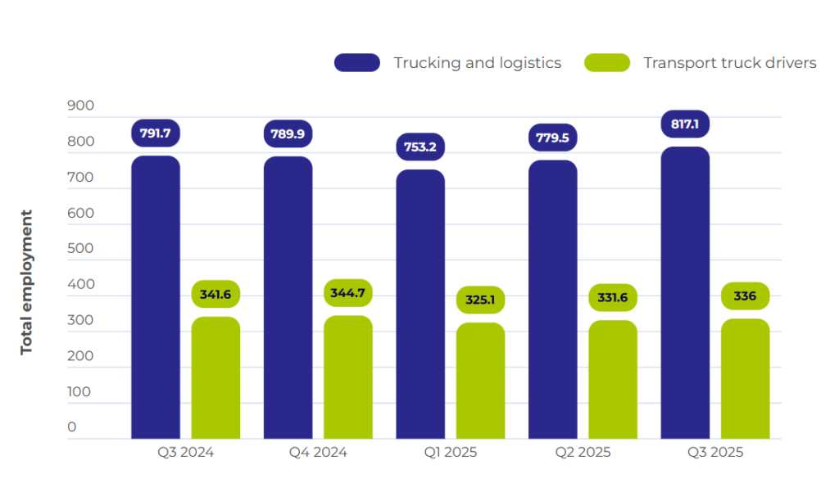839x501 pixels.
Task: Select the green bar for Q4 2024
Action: pyautogui.click(x=348, y=377)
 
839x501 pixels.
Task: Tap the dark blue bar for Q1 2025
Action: pyautogui.click(x=420, y=304)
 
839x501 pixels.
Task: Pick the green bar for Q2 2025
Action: pyautogui.click(x=613, y=379)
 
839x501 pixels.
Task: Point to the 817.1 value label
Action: pyautogui.click(x=685, y=124)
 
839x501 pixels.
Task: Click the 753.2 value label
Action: pyautogui.click(x=420, y=147)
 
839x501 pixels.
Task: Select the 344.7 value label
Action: pyautogui.click(x=348, y=293)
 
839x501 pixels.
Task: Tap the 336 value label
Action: pyautogui.click(x=745, y=296)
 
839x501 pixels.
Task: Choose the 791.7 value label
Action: pyautogui.click(x=156, y=133)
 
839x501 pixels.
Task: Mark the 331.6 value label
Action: pyautogui.click(x=613, y=297)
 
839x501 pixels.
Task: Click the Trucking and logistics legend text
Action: pyautogui.click(x=477, y=63)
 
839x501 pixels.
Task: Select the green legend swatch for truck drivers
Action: pyautogui.click(x=607, y=63)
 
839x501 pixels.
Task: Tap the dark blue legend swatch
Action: pyautogui.click(x=357, y=63)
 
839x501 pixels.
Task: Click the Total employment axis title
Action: pyautogui.click(x=27, y=282)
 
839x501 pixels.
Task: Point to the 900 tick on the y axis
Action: pyautogui.click(x=81, y=106)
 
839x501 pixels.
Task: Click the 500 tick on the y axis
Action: pyautogui.click(x=81, y=249)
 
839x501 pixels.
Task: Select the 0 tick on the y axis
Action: pyautogui.click(x=72, y=427)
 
